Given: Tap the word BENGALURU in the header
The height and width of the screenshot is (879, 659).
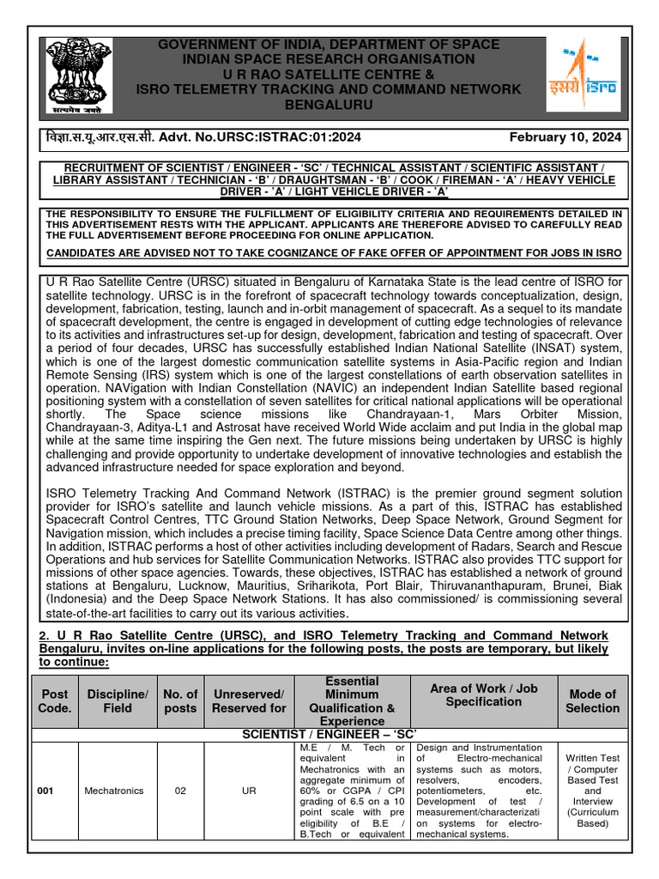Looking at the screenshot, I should point(329,104).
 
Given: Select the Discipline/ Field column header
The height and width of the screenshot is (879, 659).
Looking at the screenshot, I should point(118,700).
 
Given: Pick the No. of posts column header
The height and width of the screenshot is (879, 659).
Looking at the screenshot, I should point(180,700).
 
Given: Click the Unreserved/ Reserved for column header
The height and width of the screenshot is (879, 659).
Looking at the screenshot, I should point(249,700).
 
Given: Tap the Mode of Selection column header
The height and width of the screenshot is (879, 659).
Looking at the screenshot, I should point(592,700).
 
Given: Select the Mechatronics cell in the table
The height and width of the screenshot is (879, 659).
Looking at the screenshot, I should point(114,791).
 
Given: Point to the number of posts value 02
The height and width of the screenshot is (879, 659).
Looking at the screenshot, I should point(180,791).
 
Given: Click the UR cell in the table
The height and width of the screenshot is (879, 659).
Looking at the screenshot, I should point(249,791).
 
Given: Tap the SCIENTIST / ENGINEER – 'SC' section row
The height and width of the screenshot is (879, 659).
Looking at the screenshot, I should point(329,735).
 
